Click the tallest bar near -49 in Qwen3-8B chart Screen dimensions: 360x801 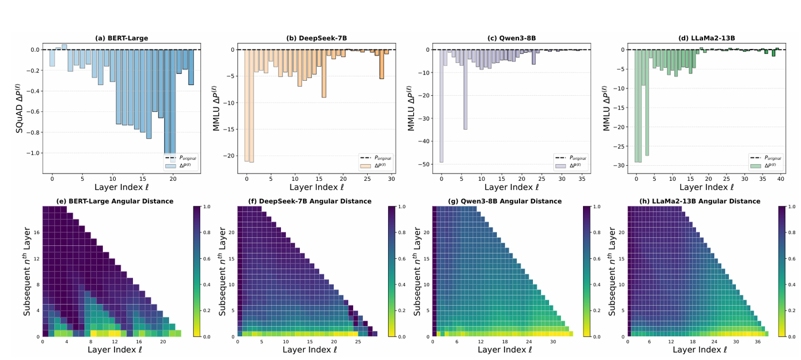coord(442,106)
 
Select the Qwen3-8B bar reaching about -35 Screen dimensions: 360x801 coord(465,90)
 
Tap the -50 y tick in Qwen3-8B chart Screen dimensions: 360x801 coord(426,165)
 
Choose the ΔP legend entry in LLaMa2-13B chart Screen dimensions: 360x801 coord(765,166)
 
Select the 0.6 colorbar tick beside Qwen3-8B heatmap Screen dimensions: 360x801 coord(594,259)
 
